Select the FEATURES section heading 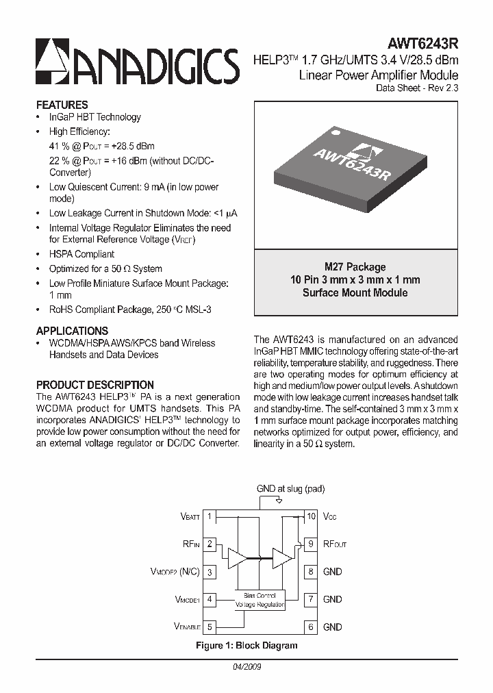[62, 105]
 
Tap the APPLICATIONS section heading [72, 330]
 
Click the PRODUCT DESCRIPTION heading [94, 385]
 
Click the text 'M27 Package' [355, 267]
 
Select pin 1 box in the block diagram [210, 516]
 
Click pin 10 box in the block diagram [311, 516]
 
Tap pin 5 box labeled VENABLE [210, 627]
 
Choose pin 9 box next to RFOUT [311, 544]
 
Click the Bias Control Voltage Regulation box [260, 601]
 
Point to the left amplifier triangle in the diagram [238, 557]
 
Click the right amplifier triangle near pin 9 [281, 557]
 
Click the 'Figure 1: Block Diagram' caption [246, 645]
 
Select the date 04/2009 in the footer [246, 666]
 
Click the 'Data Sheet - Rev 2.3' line [417, 88]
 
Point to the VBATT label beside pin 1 [190, 516]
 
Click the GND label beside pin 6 [332, 627]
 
